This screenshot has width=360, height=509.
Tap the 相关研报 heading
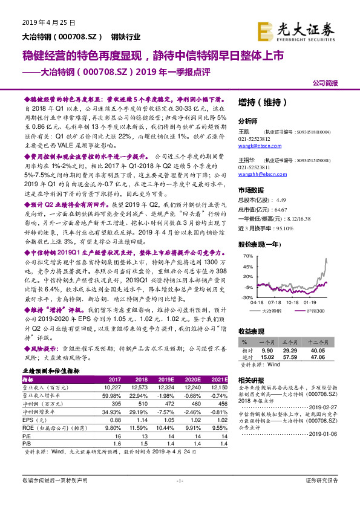pos(252,380)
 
